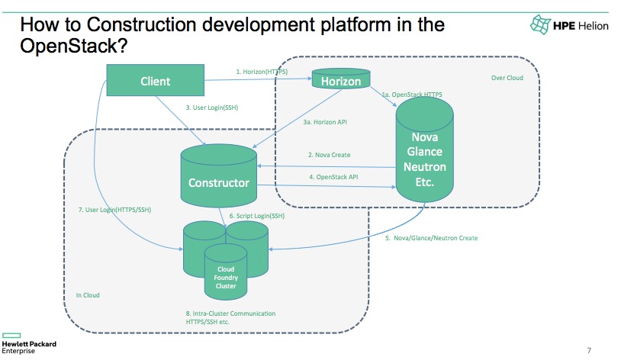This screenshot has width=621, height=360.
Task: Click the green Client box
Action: [x=156, y=80]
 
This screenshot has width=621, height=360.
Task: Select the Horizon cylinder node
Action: [x=341, y=78]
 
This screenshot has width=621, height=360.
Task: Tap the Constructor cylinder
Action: [x=219, y=175]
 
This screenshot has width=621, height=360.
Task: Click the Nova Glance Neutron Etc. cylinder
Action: [x=425, y=149]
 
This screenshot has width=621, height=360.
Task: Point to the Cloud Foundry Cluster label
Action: [x=226, y=278]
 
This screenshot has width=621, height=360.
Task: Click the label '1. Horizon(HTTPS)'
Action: [x=262, y=72]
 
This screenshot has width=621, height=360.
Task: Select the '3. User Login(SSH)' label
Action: [x=212, y=108]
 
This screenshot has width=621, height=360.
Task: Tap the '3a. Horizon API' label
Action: [x=325, y=122]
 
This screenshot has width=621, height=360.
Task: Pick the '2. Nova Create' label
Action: [x=329, y=155]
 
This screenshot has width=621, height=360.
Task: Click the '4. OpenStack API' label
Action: [x=333, y=177]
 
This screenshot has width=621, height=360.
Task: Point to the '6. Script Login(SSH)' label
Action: [x=256, y=216]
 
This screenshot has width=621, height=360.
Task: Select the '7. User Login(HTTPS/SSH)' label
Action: [x=114, y=210]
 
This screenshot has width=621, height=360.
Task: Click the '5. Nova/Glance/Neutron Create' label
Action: [x=431, y=238]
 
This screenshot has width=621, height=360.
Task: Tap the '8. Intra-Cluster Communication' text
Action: [x=230, y=313]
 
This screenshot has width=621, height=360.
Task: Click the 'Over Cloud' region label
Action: [x=507, y=78]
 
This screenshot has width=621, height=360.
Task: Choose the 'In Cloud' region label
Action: [x=88, y=295]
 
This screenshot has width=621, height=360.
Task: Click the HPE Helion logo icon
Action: [x=541, y=24]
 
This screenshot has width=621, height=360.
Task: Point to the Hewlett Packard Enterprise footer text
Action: [x=29, y=347]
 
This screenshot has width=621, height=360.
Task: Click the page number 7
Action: [x=589, y=351]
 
